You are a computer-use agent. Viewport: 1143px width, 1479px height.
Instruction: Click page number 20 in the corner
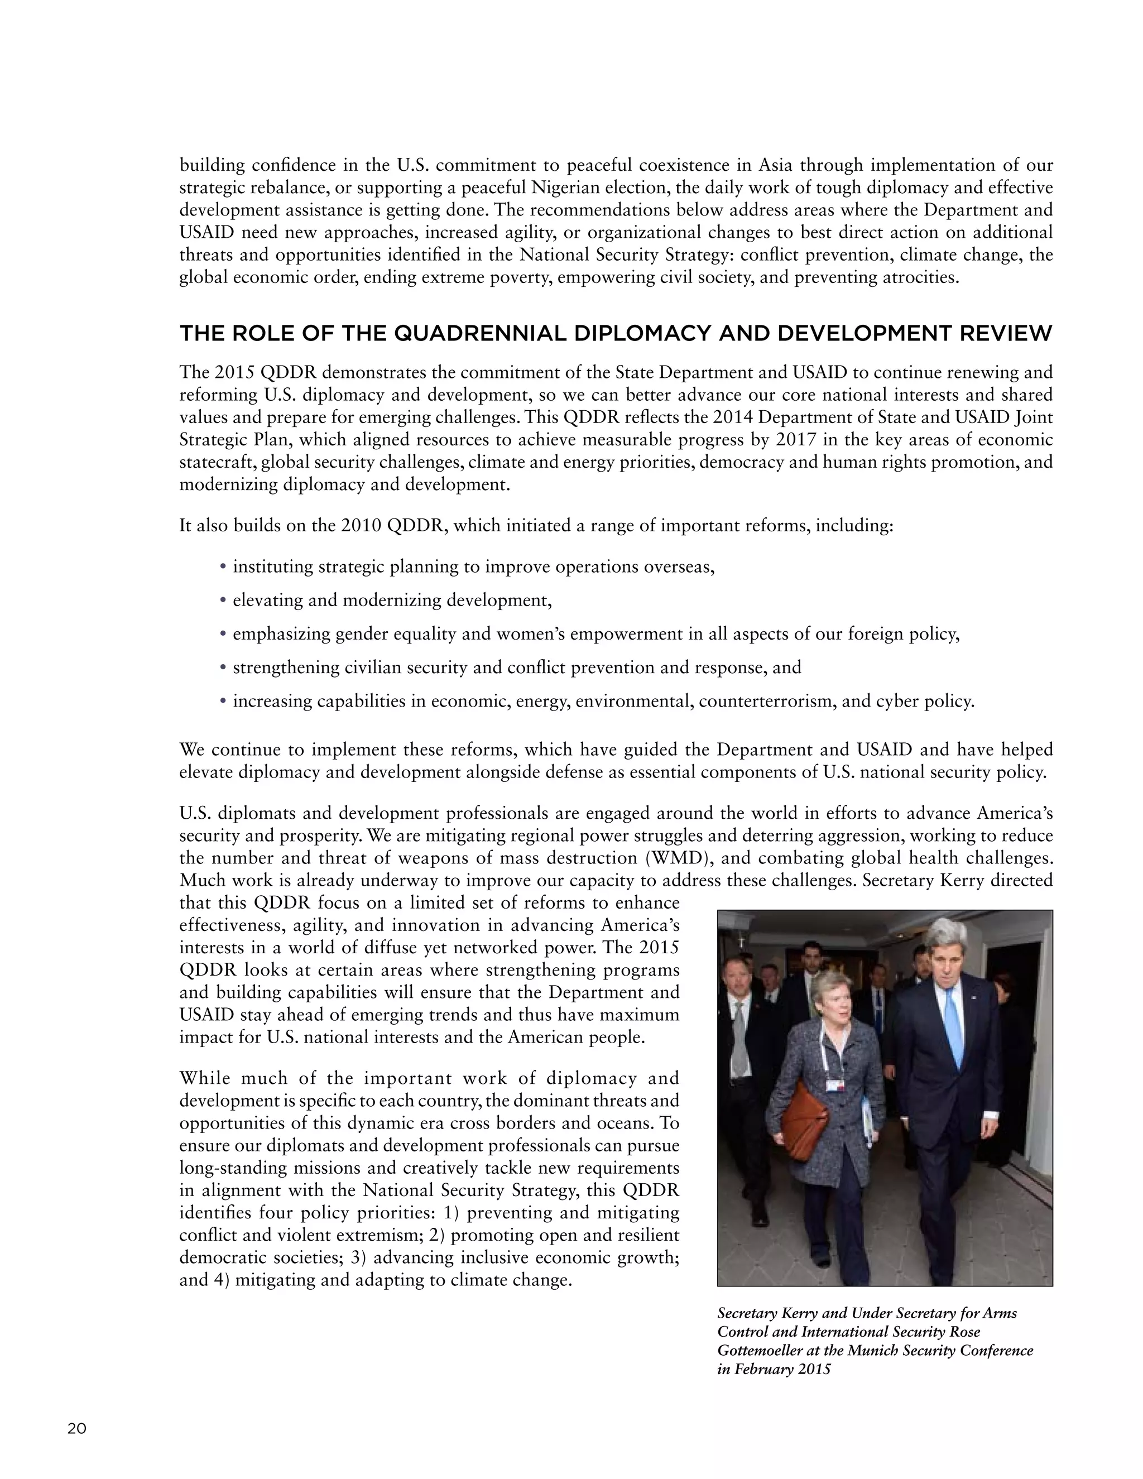click(x=76, y=1429)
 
